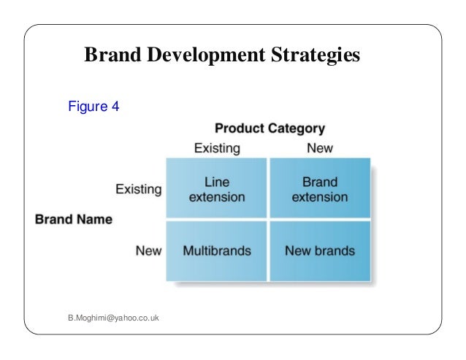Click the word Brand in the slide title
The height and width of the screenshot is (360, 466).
point(110,55)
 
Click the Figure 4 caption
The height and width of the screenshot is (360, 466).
point(93,107)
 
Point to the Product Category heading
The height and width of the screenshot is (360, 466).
point(270,129)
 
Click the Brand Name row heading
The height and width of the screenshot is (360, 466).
point(74,219)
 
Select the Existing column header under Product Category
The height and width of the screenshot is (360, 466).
point(216,148)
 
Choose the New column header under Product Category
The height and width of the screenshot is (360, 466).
point(320,148)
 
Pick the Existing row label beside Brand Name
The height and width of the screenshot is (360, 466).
point(139,189)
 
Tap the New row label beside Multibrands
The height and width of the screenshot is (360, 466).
point(148,250)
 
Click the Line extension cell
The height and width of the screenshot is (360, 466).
point(217,189)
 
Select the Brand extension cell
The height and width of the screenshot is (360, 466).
point(320,189)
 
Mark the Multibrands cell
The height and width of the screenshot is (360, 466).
point(217,250)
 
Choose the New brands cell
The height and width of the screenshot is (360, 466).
point(320,250)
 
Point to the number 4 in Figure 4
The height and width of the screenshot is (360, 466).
point(115,107)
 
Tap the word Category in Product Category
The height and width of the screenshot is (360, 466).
point(297,129)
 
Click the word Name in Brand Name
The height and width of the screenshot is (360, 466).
point(95,219)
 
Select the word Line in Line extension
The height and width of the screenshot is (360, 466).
point(217,182)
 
